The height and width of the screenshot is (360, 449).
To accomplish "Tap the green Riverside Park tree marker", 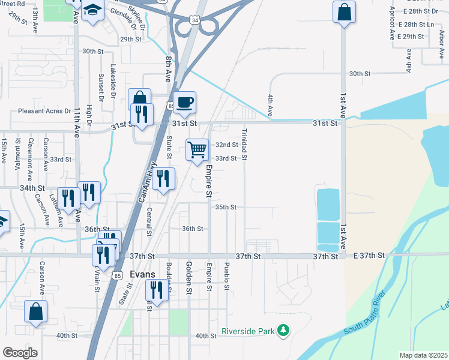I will click(283, 331).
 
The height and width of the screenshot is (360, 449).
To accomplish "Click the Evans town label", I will click(142, 275).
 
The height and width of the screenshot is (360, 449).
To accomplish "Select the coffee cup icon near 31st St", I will click(185, 102).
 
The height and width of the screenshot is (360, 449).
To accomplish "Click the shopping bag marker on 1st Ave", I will click(345, 11).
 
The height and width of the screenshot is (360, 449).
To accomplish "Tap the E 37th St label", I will click(369, 256).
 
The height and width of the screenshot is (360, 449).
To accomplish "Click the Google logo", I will click(20, 353).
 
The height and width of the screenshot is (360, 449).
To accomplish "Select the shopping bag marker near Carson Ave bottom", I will click(35, 311).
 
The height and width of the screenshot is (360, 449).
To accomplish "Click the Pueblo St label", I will click(226, 275).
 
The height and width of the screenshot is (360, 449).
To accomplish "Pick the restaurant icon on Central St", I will click(163, 178).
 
